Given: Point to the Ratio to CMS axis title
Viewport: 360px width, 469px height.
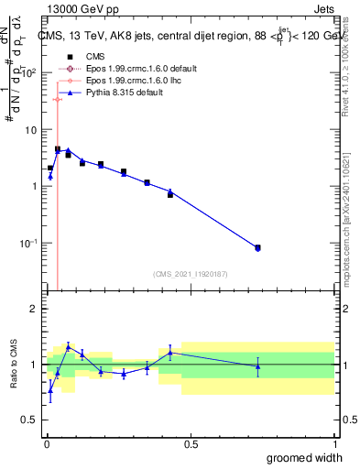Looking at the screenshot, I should click(15, 365).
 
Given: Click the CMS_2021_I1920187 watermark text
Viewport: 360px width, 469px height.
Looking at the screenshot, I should click(190, 273).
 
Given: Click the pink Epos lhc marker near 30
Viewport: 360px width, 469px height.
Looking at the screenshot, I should click(58, 99).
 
